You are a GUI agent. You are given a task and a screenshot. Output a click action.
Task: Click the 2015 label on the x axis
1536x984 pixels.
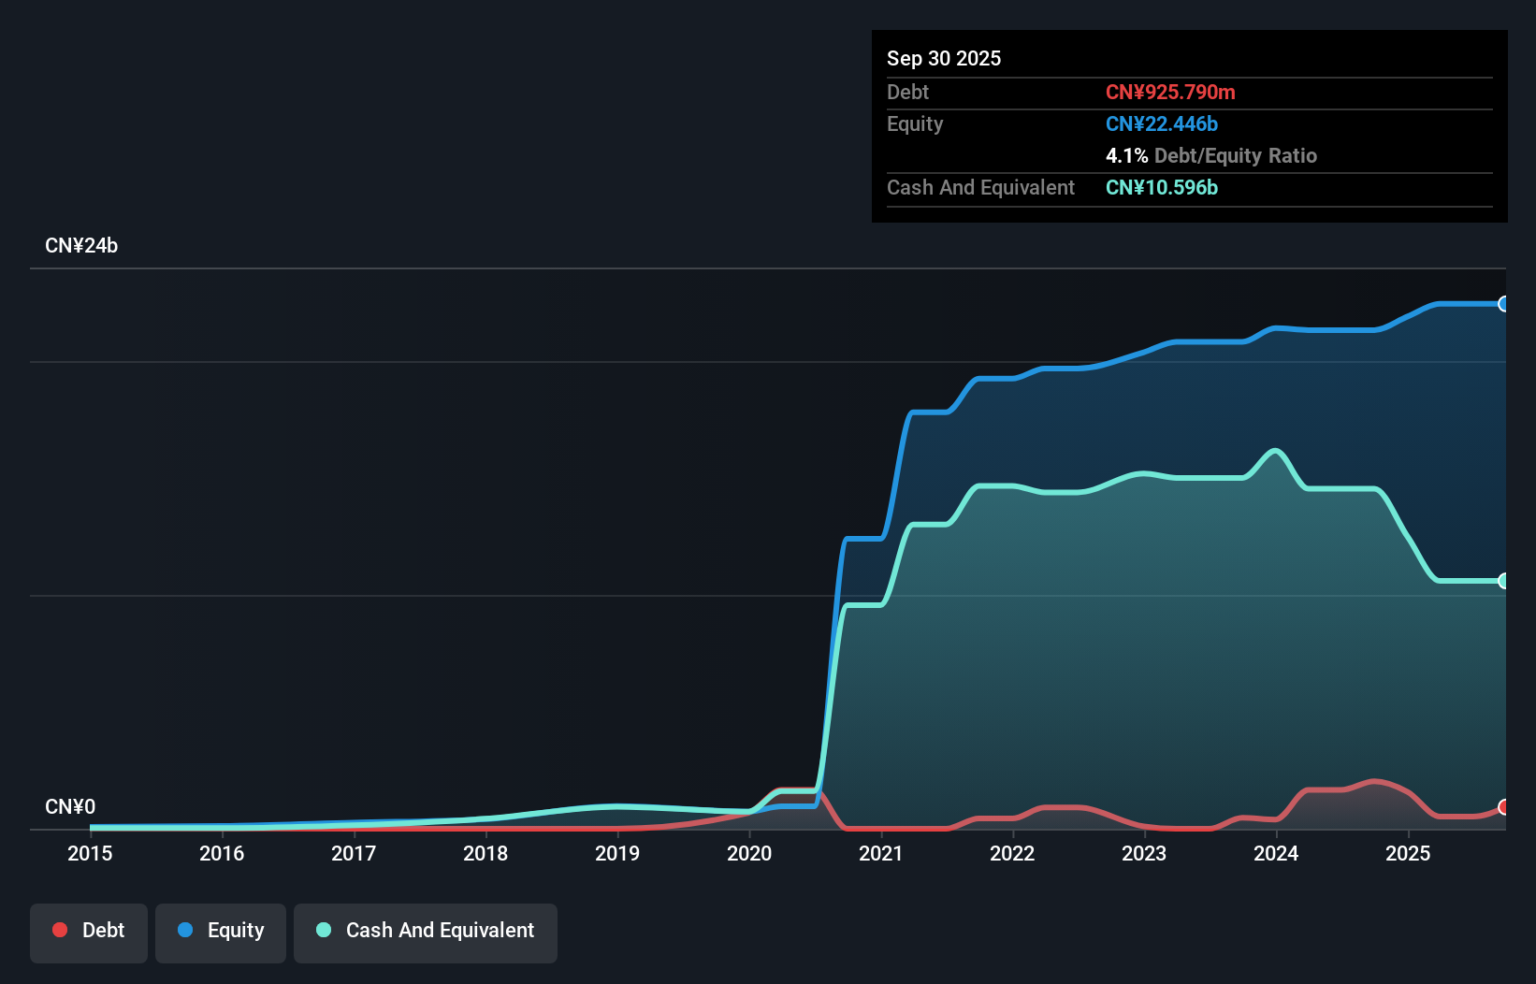pos(90,853)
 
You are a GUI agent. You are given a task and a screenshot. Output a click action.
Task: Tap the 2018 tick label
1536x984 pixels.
pos(485,853)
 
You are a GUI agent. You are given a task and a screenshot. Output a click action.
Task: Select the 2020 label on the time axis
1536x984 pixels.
pos(749,853)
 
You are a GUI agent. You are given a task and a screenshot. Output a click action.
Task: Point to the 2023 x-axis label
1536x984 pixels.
pos(1144,853)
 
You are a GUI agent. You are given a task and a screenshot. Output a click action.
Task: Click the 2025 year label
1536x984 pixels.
pos(1408,853)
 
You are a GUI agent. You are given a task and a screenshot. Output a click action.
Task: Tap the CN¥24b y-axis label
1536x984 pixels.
pos(81,246)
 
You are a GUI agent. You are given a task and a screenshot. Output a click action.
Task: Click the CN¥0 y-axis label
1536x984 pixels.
pos(70,806)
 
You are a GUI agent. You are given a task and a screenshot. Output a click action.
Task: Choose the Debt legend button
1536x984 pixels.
pos(89,931)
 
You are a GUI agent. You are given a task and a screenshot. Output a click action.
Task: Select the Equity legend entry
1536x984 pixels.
pos(221,931)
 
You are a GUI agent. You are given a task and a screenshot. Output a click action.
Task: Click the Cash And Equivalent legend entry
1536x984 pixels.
pos(426,931)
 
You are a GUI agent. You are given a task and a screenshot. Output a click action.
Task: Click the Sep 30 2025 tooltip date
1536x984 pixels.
pos(944,59)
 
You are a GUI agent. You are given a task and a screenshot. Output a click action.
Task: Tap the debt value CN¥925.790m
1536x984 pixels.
pos(1170,93)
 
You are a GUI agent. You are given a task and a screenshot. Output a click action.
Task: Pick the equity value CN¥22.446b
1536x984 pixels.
pos(1162,124)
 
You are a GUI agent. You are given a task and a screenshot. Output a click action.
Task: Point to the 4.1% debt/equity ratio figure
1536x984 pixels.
pos(1126,156)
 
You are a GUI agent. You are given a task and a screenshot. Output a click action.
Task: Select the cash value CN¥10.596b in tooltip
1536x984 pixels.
pos(1162,188)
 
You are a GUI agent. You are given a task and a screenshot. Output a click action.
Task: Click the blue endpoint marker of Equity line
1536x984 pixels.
pos(1504,304)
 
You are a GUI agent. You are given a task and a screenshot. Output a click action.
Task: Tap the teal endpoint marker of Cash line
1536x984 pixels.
pos(1504,581)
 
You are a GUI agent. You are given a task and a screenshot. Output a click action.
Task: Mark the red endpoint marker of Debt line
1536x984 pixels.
pos(1504,806)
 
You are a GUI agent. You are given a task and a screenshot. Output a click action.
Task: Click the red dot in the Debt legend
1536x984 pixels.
pos(60,930)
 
